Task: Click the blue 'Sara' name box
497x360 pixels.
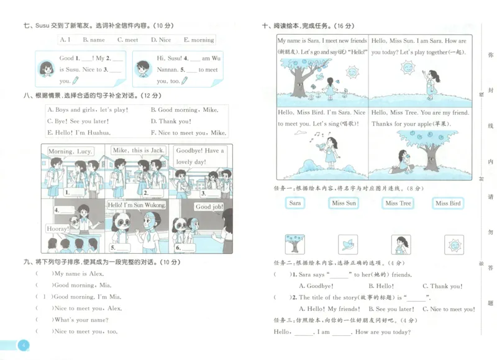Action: [x=294, y=203]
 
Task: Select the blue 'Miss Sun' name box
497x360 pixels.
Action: [x=344, y=203]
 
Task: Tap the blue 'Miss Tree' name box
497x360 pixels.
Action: [x=398, y=203]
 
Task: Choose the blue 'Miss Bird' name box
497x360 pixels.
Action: [x=448, y=203]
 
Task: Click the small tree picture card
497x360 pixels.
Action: [x=294, y=244]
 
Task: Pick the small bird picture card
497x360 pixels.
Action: [x=347, y=244]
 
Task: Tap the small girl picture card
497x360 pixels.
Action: [x=401, y=244]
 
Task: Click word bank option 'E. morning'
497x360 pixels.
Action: [x=199, y=40]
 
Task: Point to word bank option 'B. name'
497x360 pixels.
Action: [x=94, y=40]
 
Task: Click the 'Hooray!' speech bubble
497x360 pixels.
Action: [x=58, y=229]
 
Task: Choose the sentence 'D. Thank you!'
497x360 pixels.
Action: [x=171, y=122]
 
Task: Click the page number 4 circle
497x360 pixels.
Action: [x=23, y=346]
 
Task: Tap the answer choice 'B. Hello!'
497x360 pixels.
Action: [x=381, y=286]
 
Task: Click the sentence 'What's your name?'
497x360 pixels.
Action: [x=81, y=320]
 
